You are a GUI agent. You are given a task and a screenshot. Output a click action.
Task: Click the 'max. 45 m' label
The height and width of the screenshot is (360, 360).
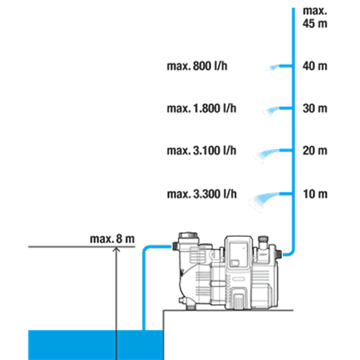click(x=315, y=17)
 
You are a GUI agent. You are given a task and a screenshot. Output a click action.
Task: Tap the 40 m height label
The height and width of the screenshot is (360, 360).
click(x=315, y=66)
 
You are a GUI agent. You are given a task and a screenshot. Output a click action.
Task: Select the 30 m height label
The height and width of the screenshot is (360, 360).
click(x=315, y=108)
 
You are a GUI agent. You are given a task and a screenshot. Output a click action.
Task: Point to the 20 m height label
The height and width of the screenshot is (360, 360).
click(x=315, y=150)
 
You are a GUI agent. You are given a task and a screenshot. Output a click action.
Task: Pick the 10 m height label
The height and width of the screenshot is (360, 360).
click(x=315, y=194)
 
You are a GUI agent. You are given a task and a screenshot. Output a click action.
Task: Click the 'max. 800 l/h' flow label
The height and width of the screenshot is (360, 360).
click(x=197, y=66)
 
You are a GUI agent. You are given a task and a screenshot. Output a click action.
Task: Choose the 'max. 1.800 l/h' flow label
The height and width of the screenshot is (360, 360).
click(x=202, y=108)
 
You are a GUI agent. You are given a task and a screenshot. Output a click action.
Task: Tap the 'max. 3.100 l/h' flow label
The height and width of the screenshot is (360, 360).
click(x=202, y=150)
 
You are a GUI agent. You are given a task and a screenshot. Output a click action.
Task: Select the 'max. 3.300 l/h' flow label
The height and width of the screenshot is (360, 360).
click(x=202, y=194)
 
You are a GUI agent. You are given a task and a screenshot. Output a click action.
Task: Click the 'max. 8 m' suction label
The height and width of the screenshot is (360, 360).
click(x=112, y=239)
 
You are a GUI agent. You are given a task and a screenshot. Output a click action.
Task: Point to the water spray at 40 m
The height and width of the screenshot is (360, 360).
click(x=273, y=68)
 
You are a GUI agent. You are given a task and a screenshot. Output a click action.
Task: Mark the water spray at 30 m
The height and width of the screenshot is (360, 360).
click(x=271, y=112)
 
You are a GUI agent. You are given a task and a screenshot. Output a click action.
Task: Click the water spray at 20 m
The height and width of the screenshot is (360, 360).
click(x=266, y=155)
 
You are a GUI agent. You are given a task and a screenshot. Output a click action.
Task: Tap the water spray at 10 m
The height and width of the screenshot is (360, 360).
click(x=264, y=201)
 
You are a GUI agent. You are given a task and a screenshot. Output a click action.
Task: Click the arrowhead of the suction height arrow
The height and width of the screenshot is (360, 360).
click(x=117, y=249)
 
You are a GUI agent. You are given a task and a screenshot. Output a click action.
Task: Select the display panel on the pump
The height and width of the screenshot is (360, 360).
click(x=239, y=255)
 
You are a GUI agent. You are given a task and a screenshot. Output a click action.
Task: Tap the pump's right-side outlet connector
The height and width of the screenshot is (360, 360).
click(x=279, y=254)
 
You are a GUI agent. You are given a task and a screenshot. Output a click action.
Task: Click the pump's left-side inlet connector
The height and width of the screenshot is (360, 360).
click(x=176, y=247)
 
